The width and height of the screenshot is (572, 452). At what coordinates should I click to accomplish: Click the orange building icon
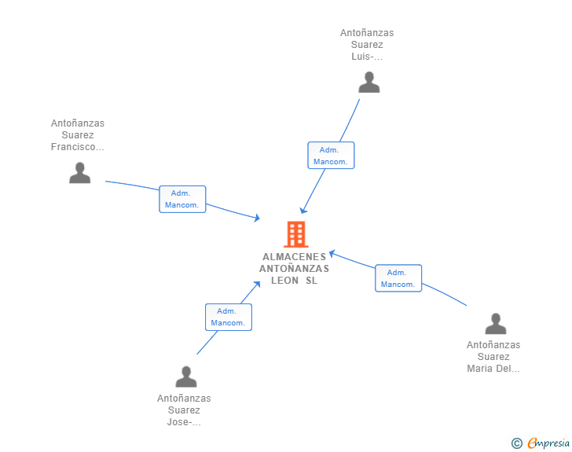[296, 234]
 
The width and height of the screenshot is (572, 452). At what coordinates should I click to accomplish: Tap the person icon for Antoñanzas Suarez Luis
[369, 83]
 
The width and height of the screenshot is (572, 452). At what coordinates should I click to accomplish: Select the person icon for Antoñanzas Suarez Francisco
[80, 173]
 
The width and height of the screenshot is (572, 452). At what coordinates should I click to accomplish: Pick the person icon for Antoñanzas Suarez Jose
[186, 377]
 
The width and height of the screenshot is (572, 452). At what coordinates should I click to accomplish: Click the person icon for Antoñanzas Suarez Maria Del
[495, 324]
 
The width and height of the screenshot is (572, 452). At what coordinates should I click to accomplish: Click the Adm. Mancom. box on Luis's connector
[331, 156]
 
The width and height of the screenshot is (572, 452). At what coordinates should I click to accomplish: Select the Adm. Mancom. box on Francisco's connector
[182, 199]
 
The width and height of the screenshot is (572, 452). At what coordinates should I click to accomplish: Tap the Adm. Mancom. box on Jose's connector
[229, 318]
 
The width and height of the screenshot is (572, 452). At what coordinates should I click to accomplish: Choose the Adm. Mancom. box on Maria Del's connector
[398, 278]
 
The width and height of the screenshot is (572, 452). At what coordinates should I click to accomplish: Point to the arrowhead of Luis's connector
[302, 211]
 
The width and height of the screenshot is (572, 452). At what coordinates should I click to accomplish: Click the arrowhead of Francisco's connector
[258, 218]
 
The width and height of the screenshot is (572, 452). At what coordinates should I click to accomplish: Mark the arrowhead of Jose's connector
[258, 284]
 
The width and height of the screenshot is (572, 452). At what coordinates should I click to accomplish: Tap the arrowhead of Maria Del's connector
[332, 253]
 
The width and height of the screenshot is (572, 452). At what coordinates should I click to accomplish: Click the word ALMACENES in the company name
[294, 257]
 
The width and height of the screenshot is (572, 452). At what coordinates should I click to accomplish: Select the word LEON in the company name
[284, 281]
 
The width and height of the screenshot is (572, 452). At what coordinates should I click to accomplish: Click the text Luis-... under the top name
[367, 57]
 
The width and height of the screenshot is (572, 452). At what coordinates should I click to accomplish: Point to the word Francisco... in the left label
[77, 147]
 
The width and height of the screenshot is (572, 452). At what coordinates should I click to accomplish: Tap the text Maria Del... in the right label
[493, 369]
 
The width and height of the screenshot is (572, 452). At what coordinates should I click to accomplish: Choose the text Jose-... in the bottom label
[184, 422]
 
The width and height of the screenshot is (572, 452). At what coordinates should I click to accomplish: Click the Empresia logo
[541, 443]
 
